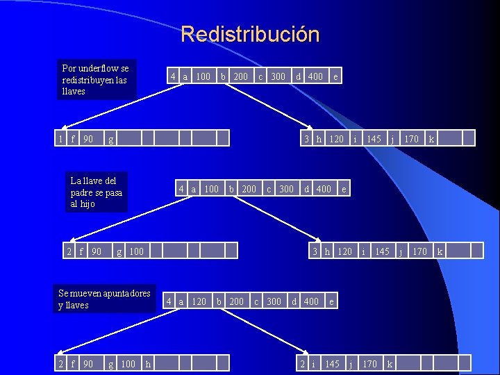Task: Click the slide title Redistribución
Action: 250,34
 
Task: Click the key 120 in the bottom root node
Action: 199,301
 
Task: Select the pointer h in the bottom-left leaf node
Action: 147,363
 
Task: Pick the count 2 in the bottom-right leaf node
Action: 302,363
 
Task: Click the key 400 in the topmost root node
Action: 315,76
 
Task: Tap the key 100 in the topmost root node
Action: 203,76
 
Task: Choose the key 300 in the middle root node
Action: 286,189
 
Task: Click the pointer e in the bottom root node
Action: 332,301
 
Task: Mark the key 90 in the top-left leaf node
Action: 88,139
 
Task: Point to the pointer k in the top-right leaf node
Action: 431,139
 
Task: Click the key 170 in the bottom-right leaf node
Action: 369,363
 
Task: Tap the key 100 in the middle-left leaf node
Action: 136,251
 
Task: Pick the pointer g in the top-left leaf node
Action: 110,139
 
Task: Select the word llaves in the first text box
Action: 74,91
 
